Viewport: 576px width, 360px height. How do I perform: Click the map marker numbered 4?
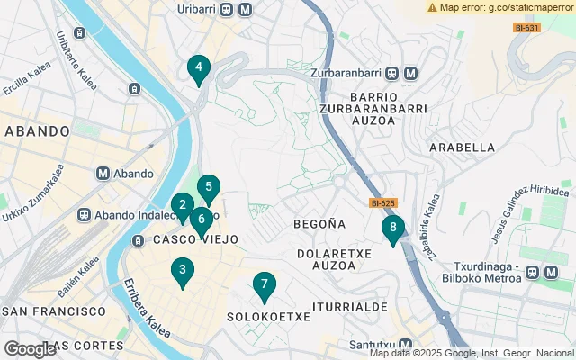pyautogui.click(x=198, y=68)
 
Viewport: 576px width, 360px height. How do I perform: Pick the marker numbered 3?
pyautogui.click(x=183, y=270)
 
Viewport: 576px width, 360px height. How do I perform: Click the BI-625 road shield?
pyautogui.click(x=383, y=203)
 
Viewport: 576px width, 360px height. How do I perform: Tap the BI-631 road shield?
pyautogui.click(x=526, y=28)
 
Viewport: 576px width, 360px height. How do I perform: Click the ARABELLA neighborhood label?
pyautogui.click(x=463, y=148)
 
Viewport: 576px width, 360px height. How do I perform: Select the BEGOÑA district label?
pyautogui.click(x=319, y=223)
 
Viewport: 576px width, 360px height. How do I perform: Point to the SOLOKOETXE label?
pyautogui.click(x=268, y=317)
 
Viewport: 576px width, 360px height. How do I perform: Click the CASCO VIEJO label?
pyautogui.click(x=195, y=240)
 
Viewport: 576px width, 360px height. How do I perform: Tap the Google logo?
pyautogui.click(x=30, y=349)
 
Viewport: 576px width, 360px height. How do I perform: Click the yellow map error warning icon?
pyautogui.click(x=432, y=7)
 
